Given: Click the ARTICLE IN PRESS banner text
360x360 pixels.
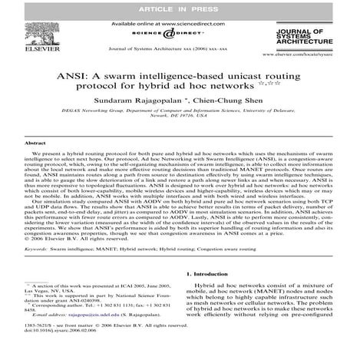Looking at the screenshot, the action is (x=180, y=8).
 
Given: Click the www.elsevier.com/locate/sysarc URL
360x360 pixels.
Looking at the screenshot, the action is (x=315, y=56).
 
